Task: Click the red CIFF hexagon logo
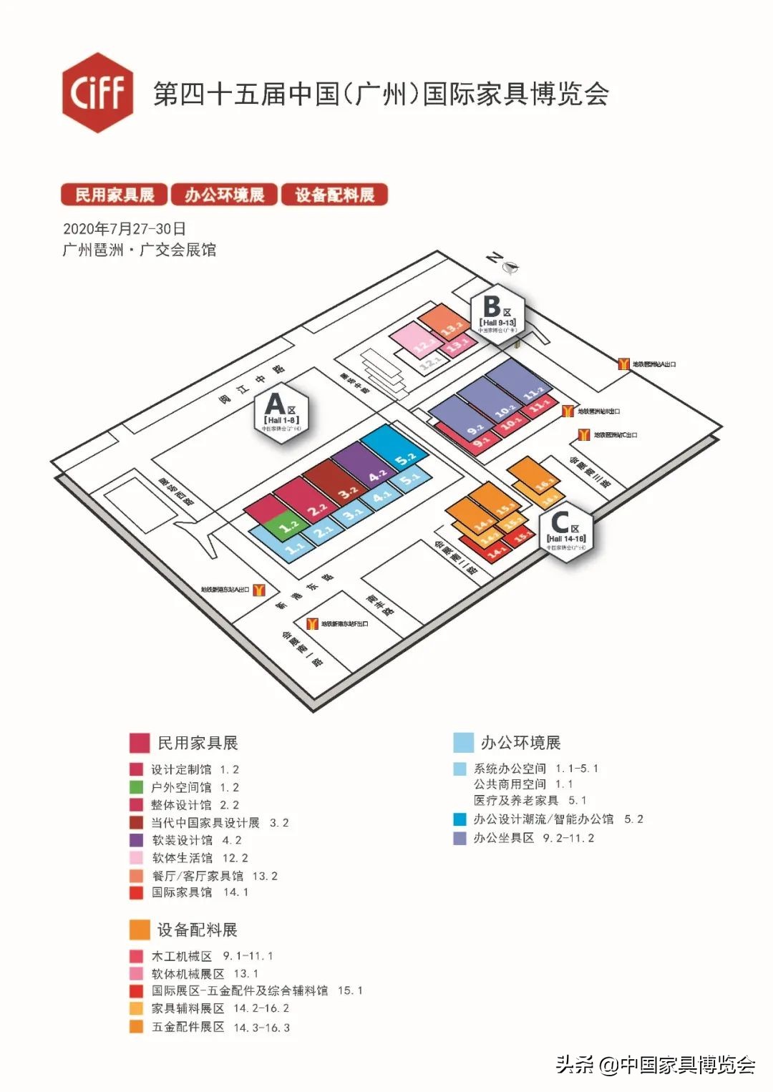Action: point(97,92)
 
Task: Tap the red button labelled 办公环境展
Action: point(224,195)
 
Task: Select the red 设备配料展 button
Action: point(334,195)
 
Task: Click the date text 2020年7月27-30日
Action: point(125,229)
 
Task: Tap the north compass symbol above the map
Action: point(510,267)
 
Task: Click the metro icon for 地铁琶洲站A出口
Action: point(623,364)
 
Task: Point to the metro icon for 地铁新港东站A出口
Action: point(259,590)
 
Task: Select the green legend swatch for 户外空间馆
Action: point(136,787)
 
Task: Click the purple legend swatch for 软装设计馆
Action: point(136,840)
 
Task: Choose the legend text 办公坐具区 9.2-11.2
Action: point(533,838)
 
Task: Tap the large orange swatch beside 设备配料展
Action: point(140,930)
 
